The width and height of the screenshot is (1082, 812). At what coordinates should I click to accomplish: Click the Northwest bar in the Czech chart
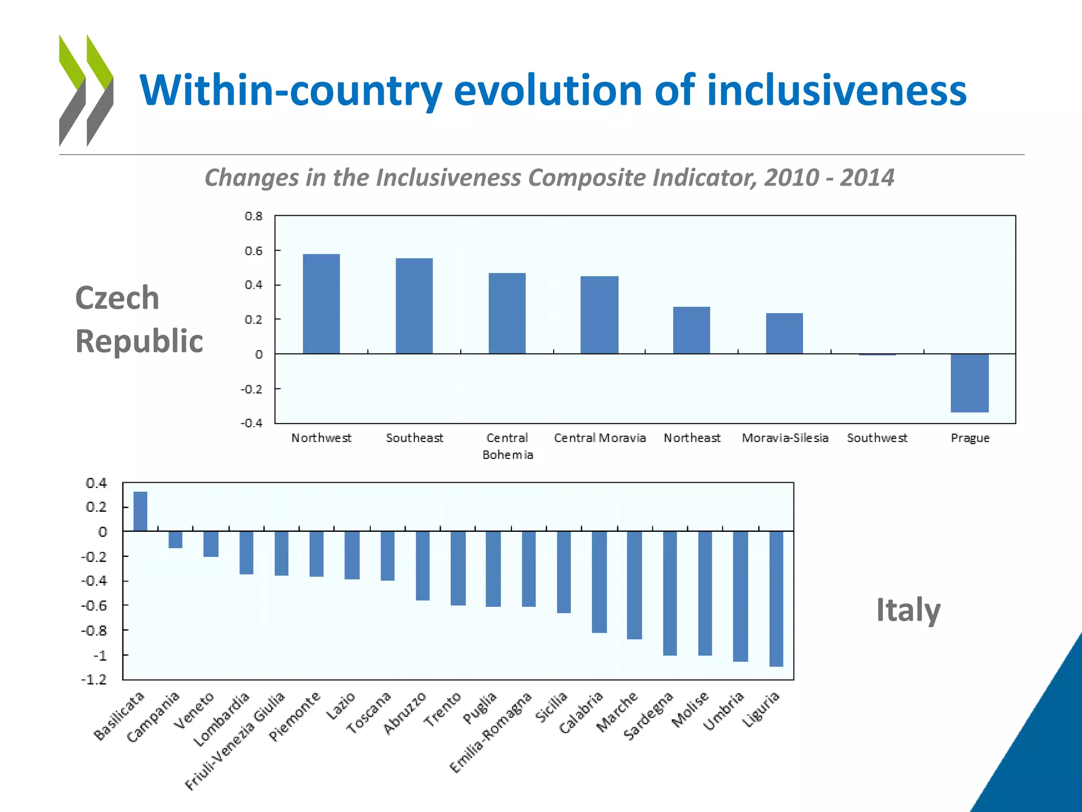321,304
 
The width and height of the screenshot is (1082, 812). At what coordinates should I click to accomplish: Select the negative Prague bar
969,383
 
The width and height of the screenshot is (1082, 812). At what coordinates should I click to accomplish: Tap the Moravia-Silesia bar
785,333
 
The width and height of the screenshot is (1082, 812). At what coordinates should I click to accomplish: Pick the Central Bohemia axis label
507,446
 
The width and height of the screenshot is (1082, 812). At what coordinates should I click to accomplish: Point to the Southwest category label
877,438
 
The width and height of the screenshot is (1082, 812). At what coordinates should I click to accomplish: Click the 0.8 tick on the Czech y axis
253,216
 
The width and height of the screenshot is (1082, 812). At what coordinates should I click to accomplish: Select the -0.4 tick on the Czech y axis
251,423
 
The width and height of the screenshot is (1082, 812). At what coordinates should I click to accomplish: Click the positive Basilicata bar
140,511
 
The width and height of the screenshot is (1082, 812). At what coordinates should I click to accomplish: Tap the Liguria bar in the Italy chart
776,598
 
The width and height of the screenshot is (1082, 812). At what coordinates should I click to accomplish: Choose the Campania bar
175,540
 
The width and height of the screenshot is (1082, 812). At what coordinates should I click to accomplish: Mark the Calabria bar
599,582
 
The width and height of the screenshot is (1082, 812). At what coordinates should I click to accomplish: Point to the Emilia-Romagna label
490,733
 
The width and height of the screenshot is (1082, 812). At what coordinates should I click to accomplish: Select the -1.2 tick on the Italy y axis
94,679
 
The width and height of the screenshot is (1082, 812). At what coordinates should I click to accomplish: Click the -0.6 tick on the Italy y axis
94,605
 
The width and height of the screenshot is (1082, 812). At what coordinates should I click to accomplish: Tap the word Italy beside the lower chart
908,610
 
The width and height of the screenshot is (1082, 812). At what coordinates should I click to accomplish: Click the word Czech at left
117,298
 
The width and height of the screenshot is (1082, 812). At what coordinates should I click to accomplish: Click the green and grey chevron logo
86,90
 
